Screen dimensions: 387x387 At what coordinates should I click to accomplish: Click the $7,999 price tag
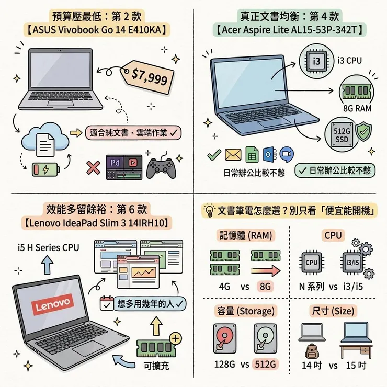pyautogui.click(x=149, y=76)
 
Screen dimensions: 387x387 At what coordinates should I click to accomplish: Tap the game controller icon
pyautogui.click(x=161, y=167)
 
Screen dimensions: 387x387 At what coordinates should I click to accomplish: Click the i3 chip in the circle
pyautogui.click(x=316, y=61)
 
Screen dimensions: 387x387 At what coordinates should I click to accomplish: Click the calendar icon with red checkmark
pyautogui.click(x=106, y=304)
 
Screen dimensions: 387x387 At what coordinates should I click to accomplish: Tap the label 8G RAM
pyautogui.click(x=356, y=109)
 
